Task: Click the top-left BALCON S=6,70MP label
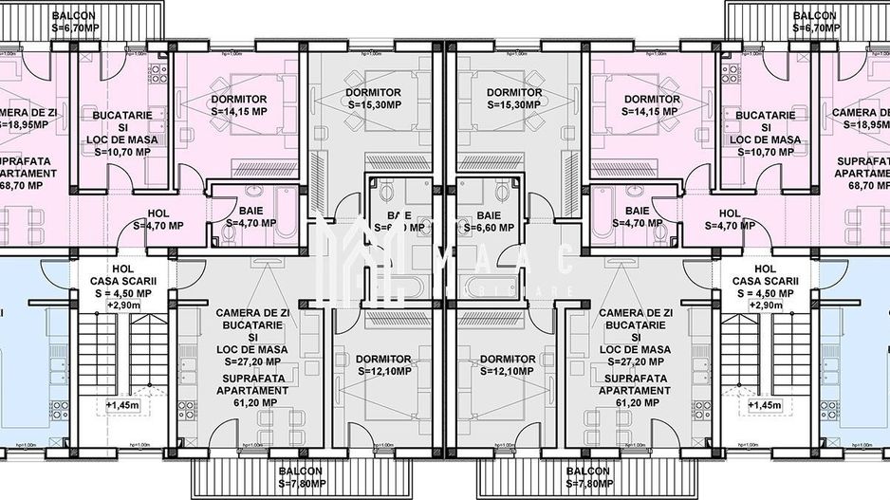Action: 74,22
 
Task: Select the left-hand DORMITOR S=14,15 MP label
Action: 238,104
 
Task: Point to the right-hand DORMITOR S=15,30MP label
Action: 513,98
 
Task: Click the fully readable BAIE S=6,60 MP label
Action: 489,222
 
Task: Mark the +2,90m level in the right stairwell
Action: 764,306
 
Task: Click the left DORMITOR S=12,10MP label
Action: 384,364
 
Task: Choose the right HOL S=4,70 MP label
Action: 730,219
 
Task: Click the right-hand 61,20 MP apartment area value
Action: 635,402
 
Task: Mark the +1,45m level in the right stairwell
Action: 765,405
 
